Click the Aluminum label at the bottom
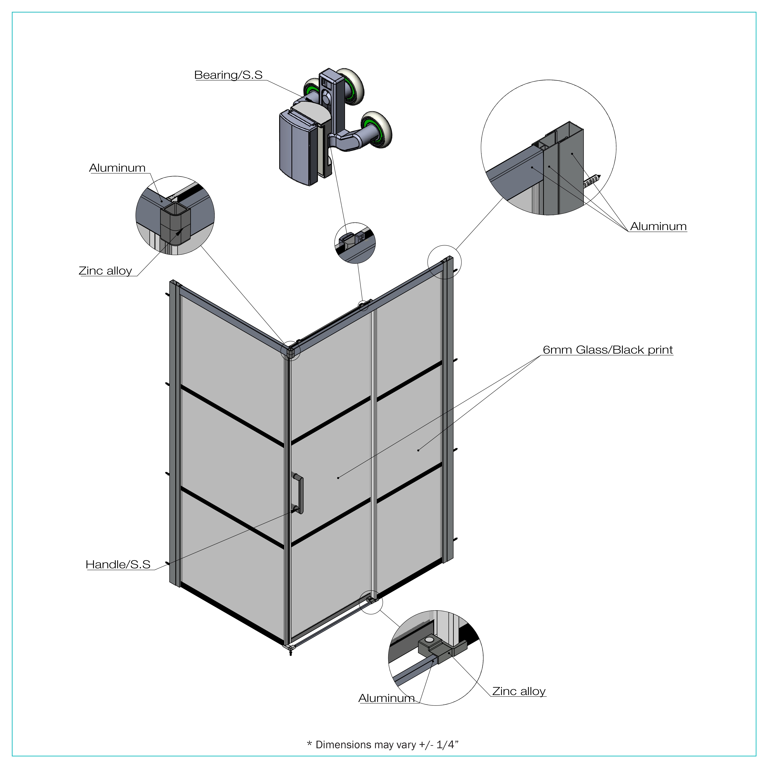(x=386, y=698)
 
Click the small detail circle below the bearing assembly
(x=355, y=243)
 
